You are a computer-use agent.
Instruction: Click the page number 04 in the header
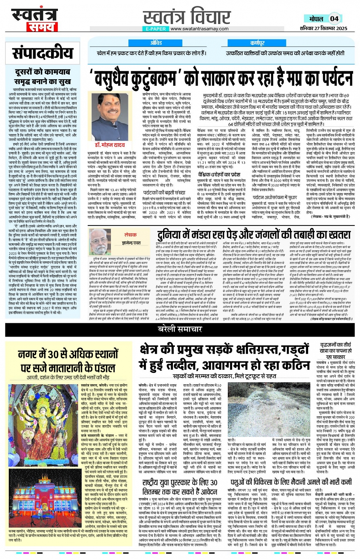tap(334, 19)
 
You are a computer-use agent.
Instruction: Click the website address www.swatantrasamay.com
tap(199, 29)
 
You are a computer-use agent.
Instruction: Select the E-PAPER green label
tap(155, 29)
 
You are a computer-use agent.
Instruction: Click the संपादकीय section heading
tap(42, 53)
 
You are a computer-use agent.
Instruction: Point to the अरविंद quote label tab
tap(156, 43)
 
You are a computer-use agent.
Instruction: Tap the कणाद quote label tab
tap(258, 43)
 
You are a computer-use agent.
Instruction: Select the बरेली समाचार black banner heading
tap(180, 329)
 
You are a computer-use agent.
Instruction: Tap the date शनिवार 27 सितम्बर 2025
tap(323, 28)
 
